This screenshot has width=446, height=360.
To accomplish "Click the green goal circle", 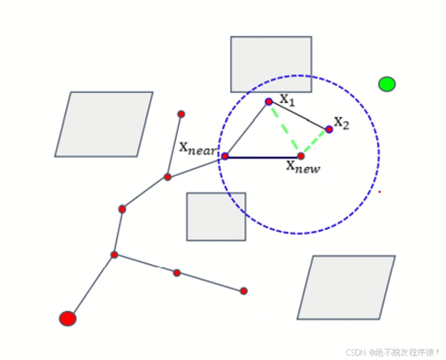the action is point(387,84).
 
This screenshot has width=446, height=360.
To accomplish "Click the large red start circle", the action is point(67,318).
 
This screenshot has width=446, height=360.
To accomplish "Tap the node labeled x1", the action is point(269,102).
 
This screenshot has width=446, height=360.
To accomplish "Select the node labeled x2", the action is point(329,129).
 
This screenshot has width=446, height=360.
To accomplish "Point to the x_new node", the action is point(301,156).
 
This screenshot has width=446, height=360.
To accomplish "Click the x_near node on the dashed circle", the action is point(225,156).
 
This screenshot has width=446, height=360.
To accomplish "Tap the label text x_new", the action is point(303,167).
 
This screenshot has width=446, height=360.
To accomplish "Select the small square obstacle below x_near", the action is point(216,217).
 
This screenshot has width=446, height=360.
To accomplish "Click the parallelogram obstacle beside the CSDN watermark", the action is point(346,288).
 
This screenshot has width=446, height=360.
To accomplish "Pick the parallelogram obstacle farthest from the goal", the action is point(104,124).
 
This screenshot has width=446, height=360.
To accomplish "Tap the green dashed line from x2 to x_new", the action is point(315,143).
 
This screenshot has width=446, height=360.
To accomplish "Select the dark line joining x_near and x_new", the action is point(263,157).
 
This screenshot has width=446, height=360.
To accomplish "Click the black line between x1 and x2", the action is point(299,115).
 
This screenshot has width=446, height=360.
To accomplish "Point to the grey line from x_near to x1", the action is point(247,129).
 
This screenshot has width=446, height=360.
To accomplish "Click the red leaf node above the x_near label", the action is point(181,114).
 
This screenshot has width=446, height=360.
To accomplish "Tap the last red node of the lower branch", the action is point(243,291).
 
